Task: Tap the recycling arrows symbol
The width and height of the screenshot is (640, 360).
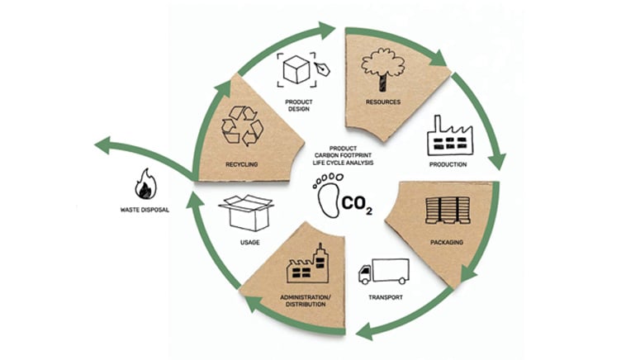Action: pos(243,126)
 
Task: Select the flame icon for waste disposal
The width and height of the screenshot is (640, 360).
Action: pos(145,184)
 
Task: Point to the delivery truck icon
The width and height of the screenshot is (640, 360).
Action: pos(384,272)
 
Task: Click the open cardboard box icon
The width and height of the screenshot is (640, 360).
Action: pos(246,213)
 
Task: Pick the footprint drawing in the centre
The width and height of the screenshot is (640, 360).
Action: pos(328,195)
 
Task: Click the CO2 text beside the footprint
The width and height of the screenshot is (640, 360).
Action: pos(357,204)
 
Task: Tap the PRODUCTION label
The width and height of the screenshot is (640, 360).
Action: pos(448,164)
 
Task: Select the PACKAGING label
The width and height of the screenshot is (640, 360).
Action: pos(447,242)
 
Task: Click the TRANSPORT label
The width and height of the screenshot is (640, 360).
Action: pos(386,297)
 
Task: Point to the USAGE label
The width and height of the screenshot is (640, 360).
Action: pos(249,243)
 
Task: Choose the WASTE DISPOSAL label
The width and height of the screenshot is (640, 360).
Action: pos(145,210)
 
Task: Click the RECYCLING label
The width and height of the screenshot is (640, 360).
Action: pos(242,164)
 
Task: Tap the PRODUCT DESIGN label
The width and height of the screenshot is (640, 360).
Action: pos(299,106)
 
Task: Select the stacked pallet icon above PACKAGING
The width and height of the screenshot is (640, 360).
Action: pos(448,211)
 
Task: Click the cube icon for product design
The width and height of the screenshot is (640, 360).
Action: pos(296,69)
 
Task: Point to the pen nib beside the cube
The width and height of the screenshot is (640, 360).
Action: pos(322,69)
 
